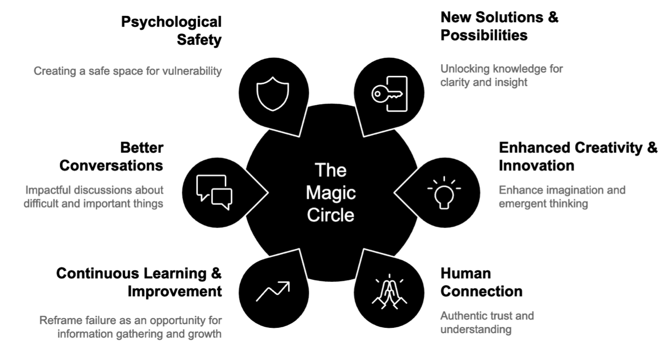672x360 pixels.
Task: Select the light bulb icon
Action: coord(444,192)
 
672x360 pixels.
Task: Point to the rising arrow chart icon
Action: coord(273,292)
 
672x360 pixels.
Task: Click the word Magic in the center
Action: coord(331,192)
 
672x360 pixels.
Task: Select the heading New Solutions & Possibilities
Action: coord(499,26)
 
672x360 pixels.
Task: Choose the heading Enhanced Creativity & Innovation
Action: coord(578,156)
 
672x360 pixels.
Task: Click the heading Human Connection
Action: coord(482,282)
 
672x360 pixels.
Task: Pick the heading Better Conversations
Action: coord(111,156)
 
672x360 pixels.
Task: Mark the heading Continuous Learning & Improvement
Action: coord(139,282)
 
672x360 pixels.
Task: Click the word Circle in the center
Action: coord(331,216)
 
